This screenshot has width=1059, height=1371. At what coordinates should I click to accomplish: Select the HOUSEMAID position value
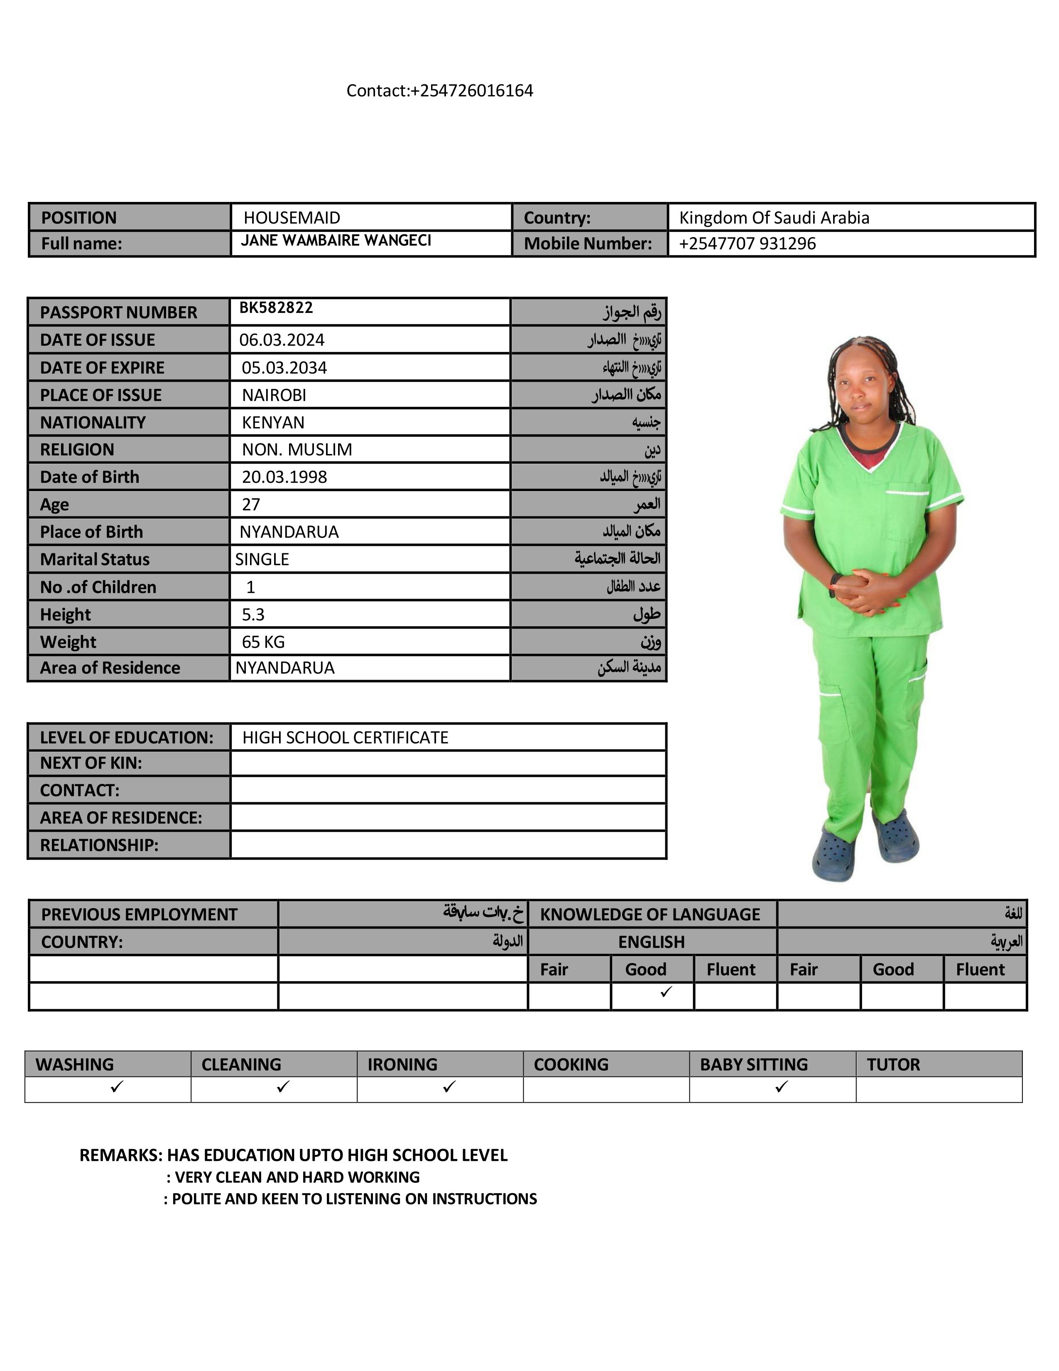[292, 218]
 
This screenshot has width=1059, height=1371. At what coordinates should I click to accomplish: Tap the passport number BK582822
[276, 307]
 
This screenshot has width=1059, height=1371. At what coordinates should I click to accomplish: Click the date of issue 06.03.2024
[282, 340]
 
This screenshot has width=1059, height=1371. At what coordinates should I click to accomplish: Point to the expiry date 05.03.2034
[284, 368]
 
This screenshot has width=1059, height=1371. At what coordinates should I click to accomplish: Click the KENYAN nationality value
[273, 423]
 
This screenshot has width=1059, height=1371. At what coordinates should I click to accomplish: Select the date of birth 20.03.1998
[284, 477]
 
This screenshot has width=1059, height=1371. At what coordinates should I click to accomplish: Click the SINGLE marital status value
[262, 559]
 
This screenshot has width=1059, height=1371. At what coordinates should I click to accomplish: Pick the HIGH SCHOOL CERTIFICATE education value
[345, 737]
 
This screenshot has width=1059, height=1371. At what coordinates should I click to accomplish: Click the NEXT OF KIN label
[91, 763]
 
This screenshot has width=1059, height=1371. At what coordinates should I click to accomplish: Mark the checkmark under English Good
[666, 992]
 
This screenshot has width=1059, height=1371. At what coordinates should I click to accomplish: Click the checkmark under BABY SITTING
[781, 1087]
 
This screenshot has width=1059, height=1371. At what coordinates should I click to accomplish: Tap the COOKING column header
[571, 1065]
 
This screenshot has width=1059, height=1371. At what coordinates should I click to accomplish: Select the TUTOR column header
[893, 1065]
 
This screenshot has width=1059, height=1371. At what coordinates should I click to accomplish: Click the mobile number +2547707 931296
[747, 243]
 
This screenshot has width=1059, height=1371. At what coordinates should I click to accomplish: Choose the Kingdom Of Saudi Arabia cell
[774, 218]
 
